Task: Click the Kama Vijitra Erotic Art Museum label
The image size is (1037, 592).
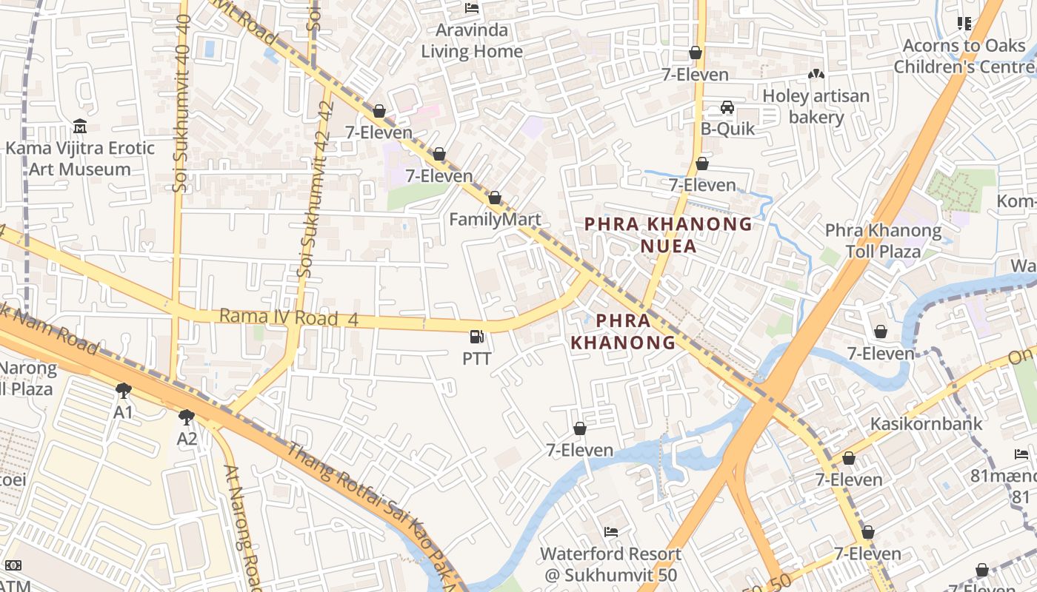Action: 80,158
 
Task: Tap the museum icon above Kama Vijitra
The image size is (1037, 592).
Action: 80,127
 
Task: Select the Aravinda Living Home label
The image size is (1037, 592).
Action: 472,41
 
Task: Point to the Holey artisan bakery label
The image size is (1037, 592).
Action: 816,107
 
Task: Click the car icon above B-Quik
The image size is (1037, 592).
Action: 727,108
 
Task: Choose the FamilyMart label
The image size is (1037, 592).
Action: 495,220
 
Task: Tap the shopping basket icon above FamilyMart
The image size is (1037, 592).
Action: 495,198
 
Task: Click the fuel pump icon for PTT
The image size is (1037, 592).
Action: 477,337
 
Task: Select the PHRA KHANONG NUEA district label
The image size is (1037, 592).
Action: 668,235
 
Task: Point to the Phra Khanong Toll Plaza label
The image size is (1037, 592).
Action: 883,241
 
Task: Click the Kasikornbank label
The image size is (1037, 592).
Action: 926,424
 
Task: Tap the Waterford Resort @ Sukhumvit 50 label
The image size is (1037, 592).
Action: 610,564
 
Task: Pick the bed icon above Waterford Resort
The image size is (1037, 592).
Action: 610,532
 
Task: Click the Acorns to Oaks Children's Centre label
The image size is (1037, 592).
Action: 964,56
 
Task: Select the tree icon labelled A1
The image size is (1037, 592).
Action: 124,390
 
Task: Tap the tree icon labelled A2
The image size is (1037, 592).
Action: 187,417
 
